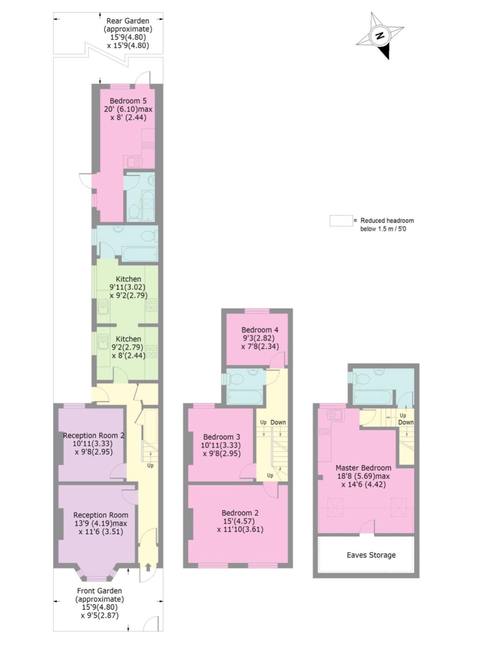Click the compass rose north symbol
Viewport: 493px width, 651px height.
[380, 36]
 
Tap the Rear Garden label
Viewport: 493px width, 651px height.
[128, 21]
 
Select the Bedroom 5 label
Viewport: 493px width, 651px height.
[128, 101]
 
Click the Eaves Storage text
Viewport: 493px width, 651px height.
[371, 555]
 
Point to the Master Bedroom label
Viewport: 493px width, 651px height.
[363, 468]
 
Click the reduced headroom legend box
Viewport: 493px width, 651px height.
[341, 221]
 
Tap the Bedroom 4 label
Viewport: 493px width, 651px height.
[260, 330]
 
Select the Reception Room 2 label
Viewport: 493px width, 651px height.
[94, 435]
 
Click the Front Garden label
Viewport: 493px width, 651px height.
[99, 591]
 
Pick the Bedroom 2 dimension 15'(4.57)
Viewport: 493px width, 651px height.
[240, 521]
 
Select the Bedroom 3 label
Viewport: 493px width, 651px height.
[221, 437]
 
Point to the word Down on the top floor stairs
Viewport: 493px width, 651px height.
[405, 422]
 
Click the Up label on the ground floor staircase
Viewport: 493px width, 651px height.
[150, 466]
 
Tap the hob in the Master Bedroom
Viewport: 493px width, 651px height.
[324, 432]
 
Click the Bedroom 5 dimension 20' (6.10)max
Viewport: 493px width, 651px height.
[128, 109]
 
